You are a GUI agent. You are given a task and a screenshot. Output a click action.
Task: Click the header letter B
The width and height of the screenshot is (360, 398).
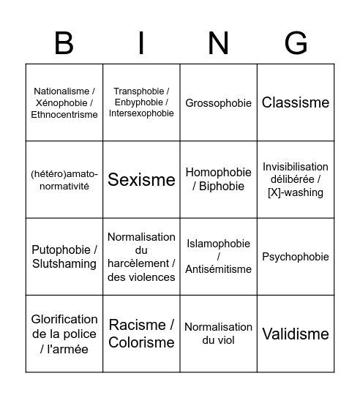tap(64, 44)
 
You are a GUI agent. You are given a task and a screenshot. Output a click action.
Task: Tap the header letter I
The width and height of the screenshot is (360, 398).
tap(141, 44)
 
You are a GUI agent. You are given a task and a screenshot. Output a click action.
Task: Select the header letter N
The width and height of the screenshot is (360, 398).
tap(218, 44)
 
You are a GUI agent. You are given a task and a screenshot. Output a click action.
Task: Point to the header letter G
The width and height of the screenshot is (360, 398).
tap(296, 44)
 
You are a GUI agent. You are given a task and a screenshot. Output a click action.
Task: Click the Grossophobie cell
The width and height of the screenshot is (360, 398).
tap(218, 103)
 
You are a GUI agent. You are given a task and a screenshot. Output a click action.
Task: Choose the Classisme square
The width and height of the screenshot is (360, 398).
tap(296, 103)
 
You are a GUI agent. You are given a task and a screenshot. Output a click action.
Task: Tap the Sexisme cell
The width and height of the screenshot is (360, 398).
tap(141, 180)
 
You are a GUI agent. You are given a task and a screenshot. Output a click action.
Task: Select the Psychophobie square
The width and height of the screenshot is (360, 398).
tap(296, 257)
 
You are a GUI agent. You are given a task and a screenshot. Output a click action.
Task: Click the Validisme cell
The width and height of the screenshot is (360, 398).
tap(296, 334)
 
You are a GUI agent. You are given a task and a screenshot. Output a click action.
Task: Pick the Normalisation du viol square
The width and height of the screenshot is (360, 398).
tap(218, 334)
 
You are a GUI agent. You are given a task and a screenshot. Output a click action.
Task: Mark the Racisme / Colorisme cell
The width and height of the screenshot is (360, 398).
tap(141, 334)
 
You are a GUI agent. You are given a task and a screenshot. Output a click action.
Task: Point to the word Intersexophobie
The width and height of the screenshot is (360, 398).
tap(141, 113)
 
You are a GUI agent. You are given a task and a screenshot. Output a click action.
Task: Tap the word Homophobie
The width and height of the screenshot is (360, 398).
tap(218, 173)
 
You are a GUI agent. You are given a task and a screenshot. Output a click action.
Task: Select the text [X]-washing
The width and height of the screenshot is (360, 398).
tap(296, 192)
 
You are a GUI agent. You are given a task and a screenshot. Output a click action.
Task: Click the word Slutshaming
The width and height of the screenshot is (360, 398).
tap(64, 264)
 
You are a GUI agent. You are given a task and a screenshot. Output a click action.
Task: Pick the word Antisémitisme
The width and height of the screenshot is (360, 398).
tap(218, 269)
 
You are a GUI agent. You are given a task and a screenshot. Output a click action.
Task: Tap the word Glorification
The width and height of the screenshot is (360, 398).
tap(64, 320)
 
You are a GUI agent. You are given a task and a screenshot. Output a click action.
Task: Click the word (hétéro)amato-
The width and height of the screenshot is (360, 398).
tap(64, 174)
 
